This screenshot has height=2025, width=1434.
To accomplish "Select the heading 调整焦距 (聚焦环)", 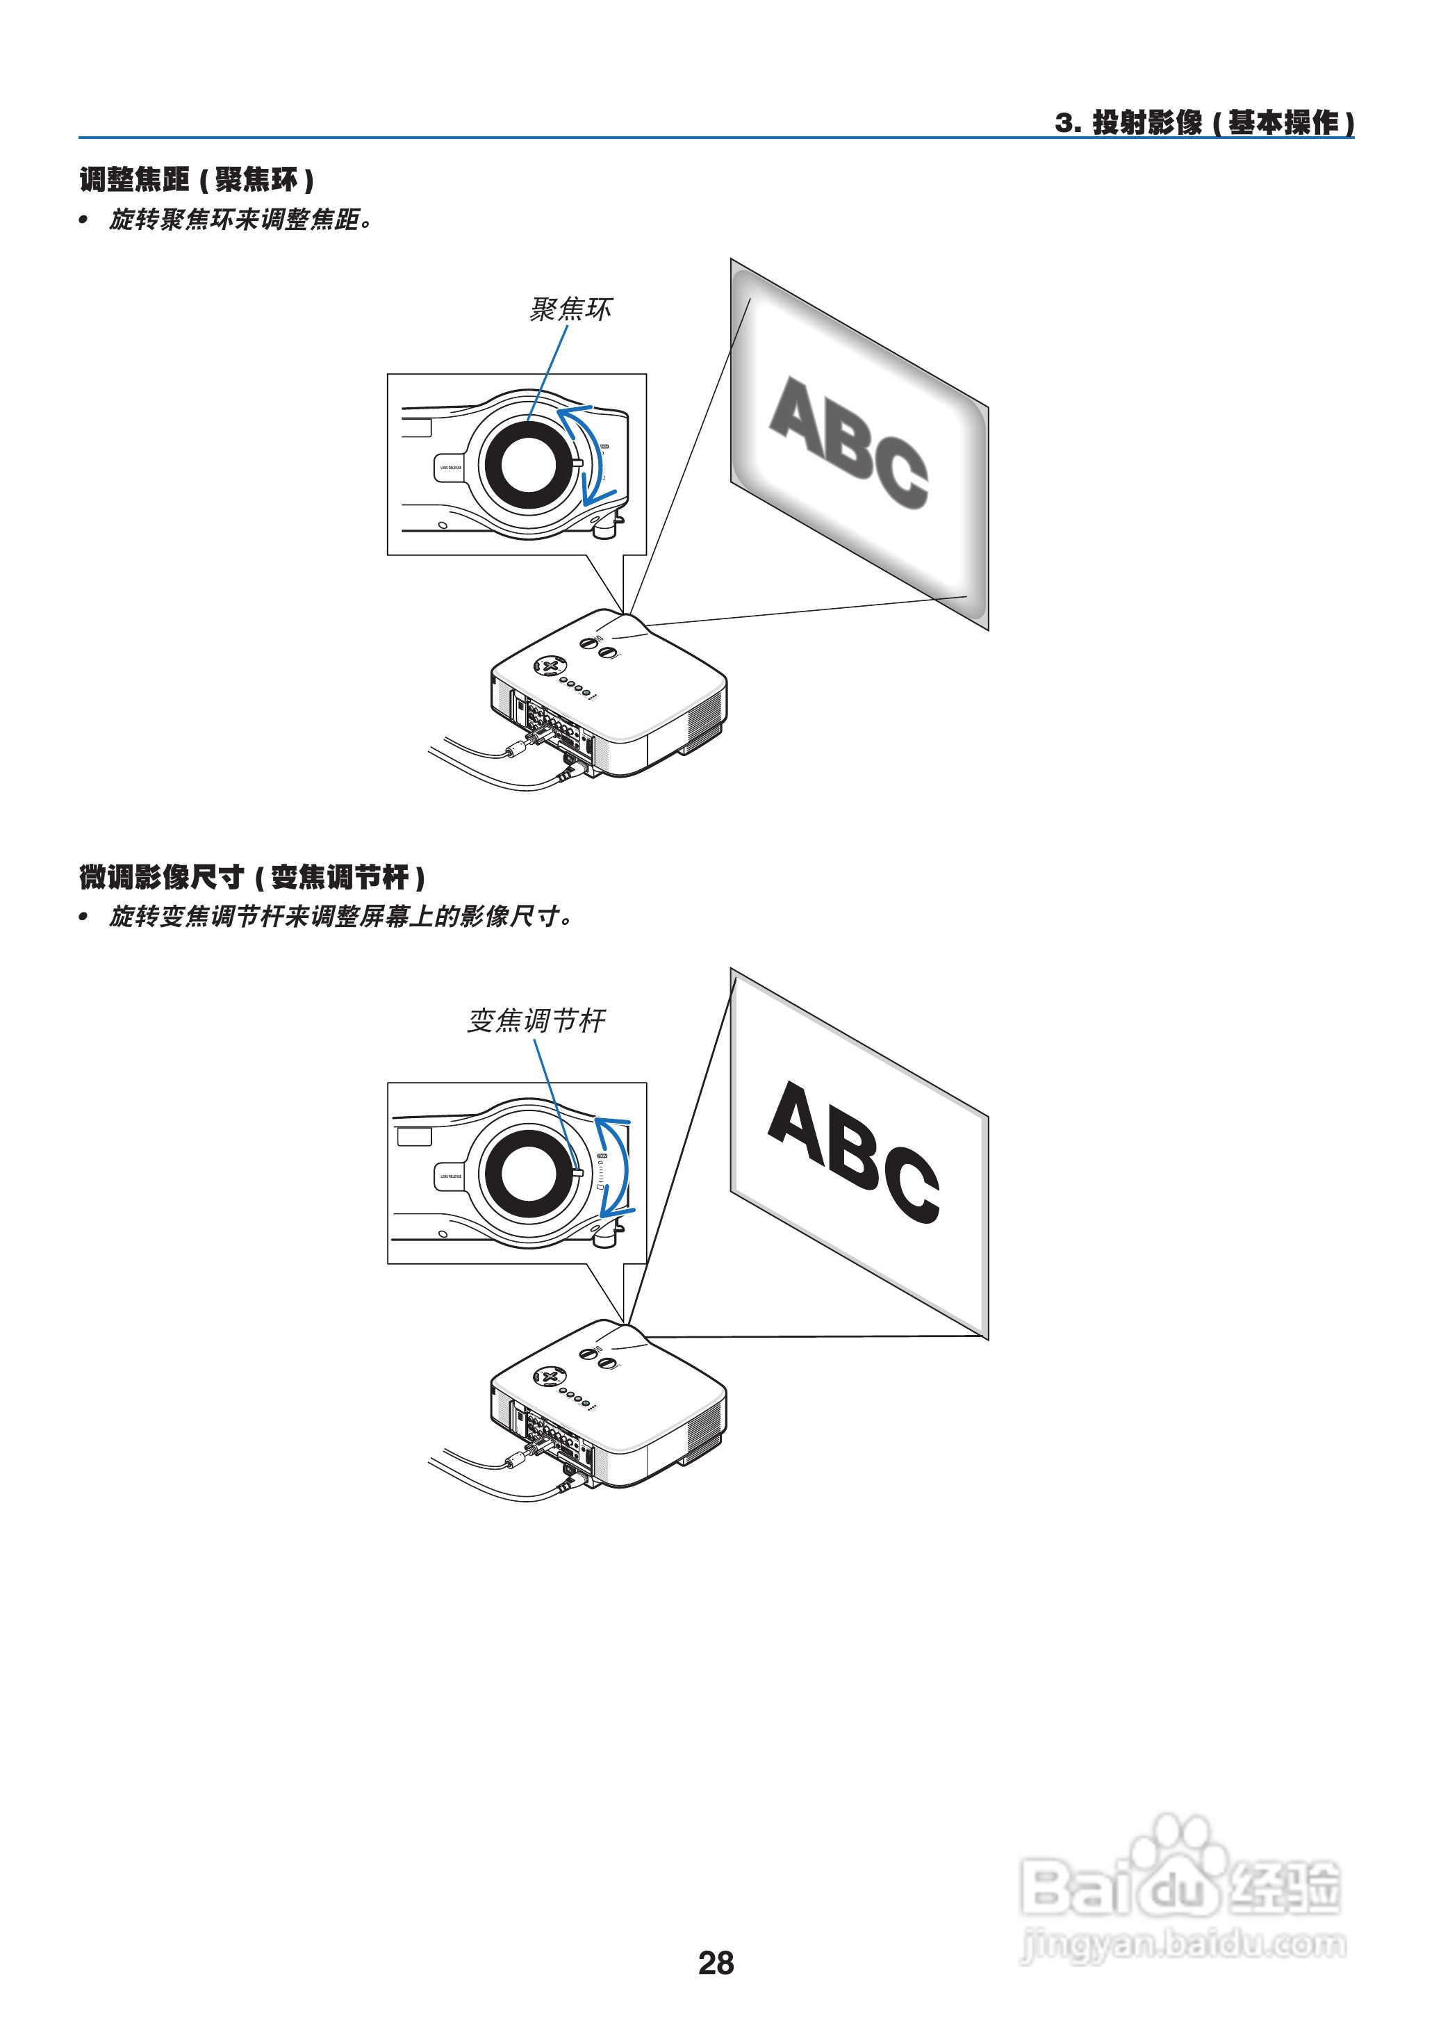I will (196, 180).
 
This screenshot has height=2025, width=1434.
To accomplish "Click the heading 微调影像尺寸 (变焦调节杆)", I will (252, 878).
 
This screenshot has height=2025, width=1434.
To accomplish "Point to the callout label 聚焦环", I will (570, 309).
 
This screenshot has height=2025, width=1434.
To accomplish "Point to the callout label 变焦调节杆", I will (536, 1021).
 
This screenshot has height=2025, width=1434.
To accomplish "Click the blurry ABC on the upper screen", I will (848, 441).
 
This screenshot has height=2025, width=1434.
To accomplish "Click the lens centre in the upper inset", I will (527, 464).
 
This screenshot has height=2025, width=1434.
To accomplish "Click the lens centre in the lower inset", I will (528, 1174).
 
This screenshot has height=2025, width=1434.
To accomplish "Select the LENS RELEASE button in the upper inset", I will (450, 467).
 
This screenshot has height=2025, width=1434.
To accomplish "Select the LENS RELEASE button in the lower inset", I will (450, 1177).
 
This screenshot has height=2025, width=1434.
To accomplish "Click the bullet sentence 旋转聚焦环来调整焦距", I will (240, 220).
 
